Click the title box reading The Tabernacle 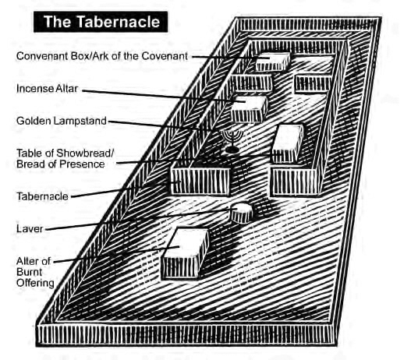pos(101,22)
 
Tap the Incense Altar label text pos(48,89)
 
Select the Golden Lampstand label pos(62,121)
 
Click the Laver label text pos(30,229)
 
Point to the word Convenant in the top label pos(42,56)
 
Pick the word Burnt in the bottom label pos(30,272)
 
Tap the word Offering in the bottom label pos(35,283)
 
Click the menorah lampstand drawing pos(232,141)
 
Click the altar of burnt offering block pos(185,253)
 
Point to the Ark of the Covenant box pos(272,62)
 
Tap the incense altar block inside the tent pos(249,109)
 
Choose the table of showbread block pos(287,143)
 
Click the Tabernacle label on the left pos(42,196)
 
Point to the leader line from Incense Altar pos(164,96)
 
